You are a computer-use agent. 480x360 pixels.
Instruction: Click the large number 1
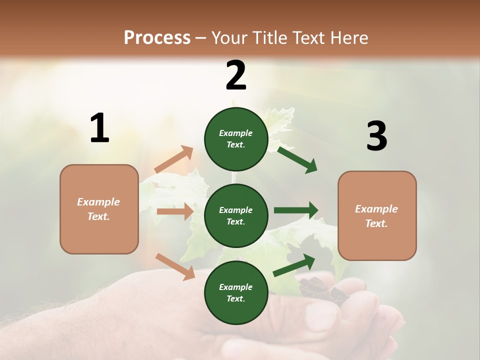99,128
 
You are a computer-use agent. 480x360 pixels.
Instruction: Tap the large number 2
236,75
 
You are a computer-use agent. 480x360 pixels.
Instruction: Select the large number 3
376,136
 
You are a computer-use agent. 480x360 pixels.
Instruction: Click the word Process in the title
157,37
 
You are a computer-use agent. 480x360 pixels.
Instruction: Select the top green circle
236,139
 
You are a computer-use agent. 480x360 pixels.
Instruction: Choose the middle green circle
236,215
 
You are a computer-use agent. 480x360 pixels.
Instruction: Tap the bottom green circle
236,292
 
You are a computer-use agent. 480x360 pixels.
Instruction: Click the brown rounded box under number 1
99,209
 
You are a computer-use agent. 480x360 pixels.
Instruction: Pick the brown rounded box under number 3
377,216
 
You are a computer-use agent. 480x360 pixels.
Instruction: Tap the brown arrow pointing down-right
175,266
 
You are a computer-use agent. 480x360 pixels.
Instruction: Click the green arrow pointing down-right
297,159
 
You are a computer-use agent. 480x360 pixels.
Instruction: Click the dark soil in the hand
320,290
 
